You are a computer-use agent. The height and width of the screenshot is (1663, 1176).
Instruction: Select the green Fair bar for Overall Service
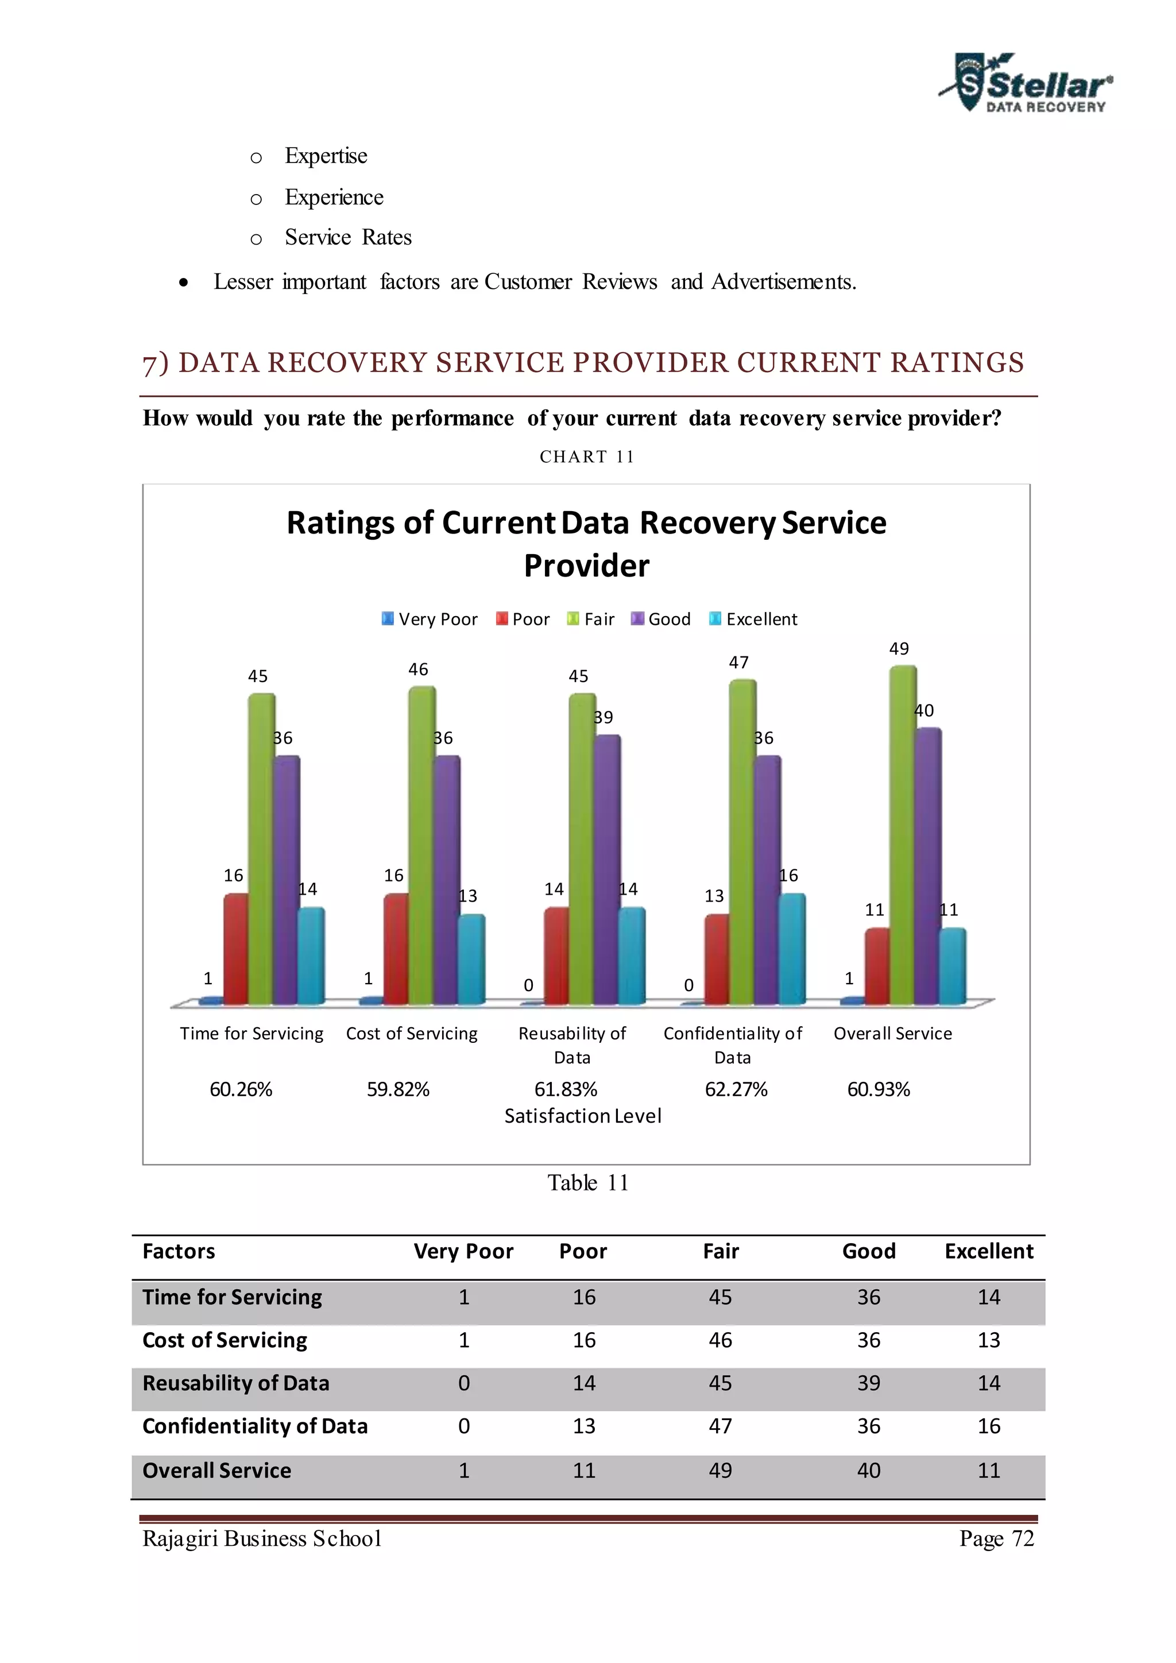[x=902, y=833]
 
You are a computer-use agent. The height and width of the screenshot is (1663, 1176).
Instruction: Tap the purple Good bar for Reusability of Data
[x=607, y=869]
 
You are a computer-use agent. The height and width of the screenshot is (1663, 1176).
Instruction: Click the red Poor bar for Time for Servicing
[x=235, y=949]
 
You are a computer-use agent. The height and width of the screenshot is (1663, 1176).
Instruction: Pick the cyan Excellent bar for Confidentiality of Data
[x=791, y=949]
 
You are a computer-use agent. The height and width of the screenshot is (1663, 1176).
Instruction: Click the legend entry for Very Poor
[x=430, y=618]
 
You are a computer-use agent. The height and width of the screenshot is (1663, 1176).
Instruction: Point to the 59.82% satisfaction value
[x=397, y=1089]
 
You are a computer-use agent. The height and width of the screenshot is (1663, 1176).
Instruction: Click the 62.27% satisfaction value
[x=736, y=1089]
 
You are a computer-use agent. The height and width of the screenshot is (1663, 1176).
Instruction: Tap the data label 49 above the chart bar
[x=899, y=648]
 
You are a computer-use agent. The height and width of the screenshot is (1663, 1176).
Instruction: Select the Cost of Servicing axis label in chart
[x=411, y=1034]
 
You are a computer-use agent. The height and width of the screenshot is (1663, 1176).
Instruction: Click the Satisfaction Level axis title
[x=583, y=1116]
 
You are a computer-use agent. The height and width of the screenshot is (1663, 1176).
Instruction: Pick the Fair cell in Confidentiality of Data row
[x=720, y=1426]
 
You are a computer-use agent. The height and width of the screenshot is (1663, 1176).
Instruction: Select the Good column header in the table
[x=868, y=1252]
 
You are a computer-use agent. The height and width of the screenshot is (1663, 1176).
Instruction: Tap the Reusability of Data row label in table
[x=235, y=1383]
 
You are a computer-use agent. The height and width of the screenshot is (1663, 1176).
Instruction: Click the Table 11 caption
[x=587, y=1183]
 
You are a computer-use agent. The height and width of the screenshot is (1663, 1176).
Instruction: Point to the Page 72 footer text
[x=996, y=1538]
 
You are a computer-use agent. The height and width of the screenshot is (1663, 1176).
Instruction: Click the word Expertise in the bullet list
[x=326, y=156]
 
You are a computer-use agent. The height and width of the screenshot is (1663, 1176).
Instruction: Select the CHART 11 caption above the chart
[x=586, y=457]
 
